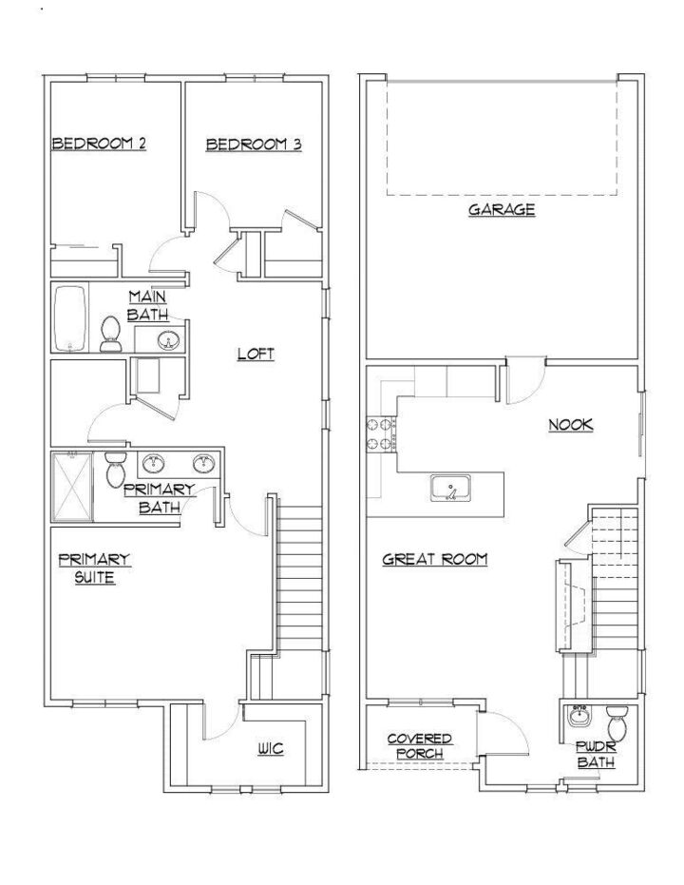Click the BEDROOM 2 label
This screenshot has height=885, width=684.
98,144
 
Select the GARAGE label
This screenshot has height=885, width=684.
501,209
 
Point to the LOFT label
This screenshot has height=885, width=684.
256,355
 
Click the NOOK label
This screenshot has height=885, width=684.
570,425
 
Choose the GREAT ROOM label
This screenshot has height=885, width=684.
434,560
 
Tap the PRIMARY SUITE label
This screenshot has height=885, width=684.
94,568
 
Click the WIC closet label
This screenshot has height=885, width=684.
270,749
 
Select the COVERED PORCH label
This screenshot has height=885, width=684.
419,746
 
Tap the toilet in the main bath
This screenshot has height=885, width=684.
110,334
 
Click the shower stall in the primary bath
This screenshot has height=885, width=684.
73,486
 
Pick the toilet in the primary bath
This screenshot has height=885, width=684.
116,470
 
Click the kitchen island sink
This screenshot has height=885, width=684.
448,489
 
